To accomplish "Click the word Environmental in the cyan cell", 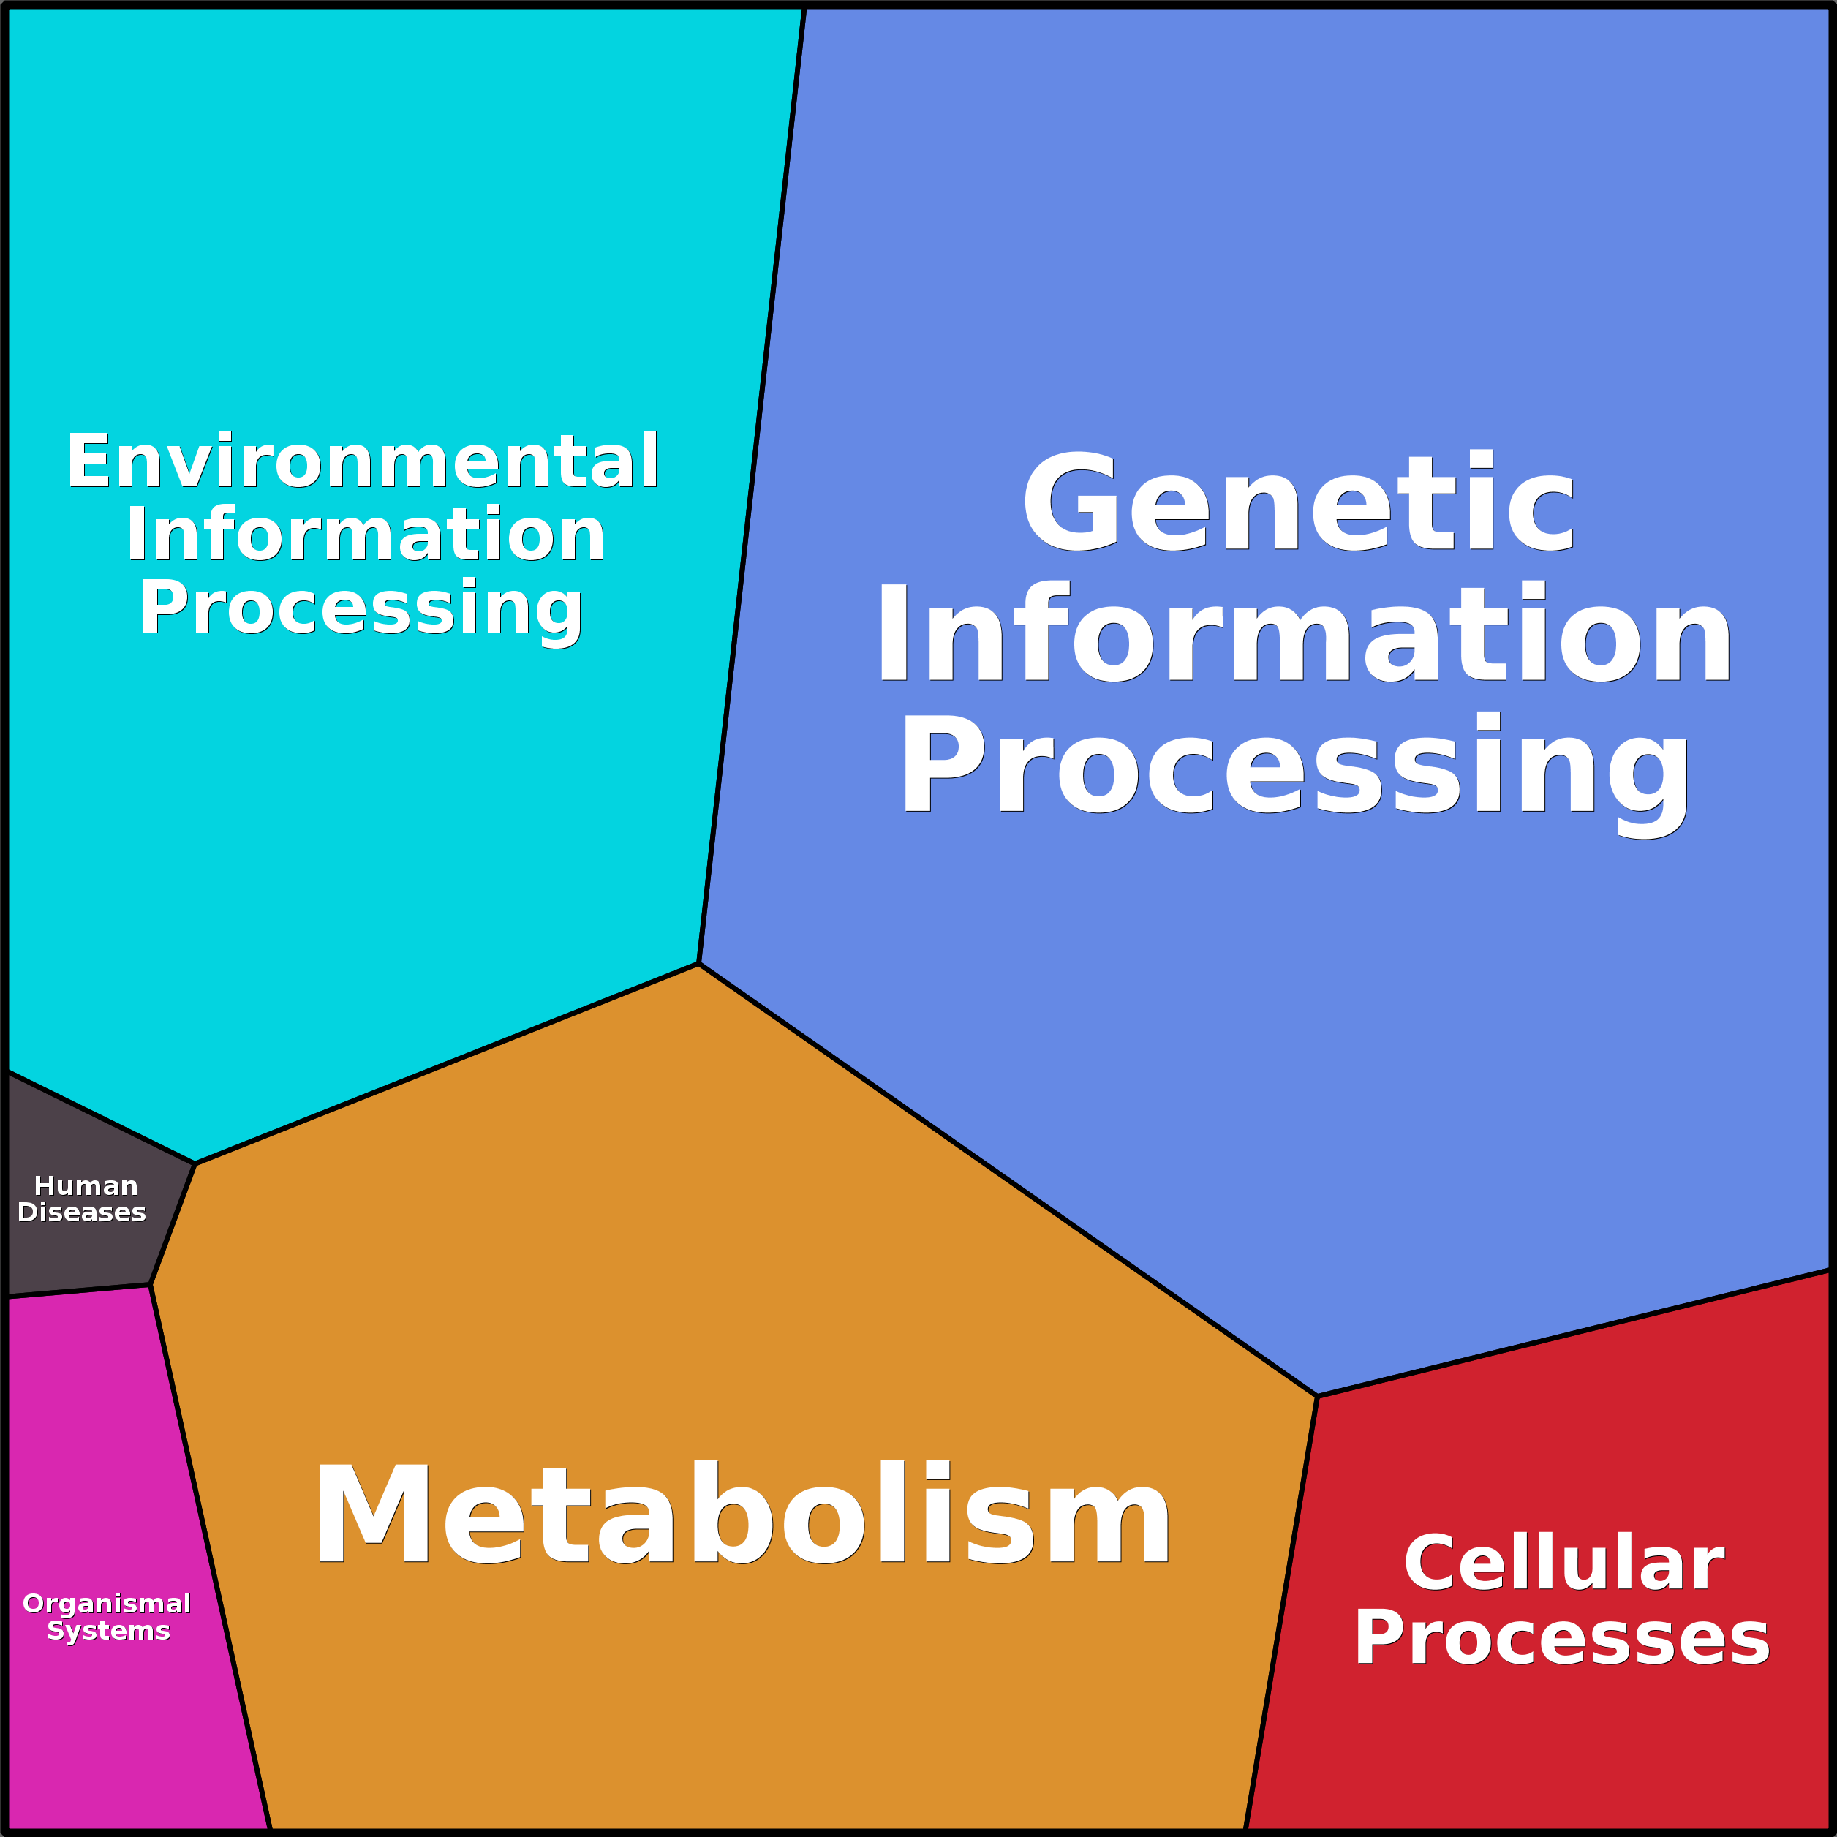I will [362, 462].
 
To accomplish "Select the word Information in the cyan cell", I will [366, 535].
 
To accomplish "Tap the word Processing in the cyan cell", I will [361, 608].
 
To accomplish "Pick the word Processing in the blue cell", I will [1296, 766].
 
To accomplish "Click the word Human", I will [86, 1185].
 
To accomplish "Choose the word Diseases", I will [82, 1212].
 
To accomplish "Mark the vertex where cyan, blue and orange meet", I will [699, 964].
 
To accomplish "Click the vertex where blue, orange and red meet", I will [1317, 1396].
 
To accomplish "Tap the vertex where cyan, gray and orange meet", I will [195, 1163].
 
